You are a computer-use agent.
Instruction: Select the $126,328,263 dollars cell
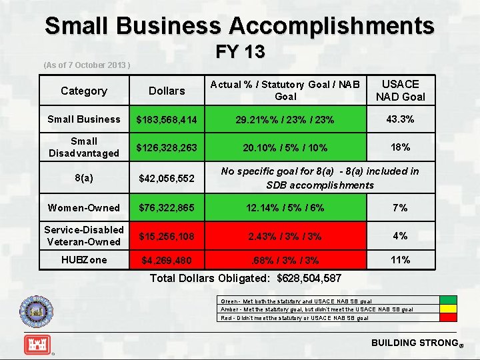pos(167,147)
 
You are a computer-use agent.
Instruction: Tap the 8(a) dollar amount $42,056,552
pos(167,179)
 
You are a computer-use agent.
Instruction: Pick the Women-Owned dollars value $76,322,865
pos(167,208)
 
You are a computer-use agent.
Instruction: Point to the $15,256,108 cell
pos(167,236)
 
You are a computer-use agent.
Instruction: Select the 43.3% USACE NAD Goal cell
pos(400,119)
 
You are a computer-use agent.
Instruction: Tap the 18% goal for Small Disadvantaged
pos(400,147)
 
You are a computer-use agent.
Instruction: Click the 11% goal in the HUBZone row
pos(400,260)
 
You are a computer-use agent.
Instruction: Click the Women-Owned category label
pos(83,208)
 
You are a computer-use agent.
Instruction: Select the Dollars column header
pos(167,91)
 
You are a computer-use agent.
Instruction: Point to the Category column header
pos(83,91)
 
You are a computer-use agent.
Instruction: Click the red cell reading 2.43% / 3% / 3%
pos(285,236)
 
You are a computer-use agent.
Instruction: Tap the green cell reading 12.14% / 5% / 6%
pos(285,208)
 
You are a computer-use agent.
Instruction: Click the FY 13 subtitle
pos(240,51)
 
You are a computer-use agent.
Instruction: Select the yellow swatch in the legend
pos(449,309)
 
